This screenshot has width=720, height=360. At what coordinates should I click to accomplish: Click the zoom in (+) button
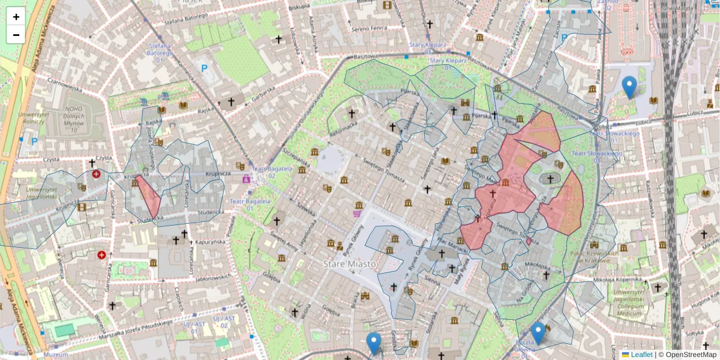coord(16,17)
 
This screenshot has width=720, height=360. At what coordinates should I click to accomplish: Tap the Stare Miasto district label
coord(350,264)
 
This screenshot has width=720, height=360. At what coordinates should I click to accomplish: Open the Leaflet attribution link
coord(637,355)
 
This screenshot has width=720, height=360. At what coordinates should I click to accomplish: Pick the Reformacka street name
coord(344,124)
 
